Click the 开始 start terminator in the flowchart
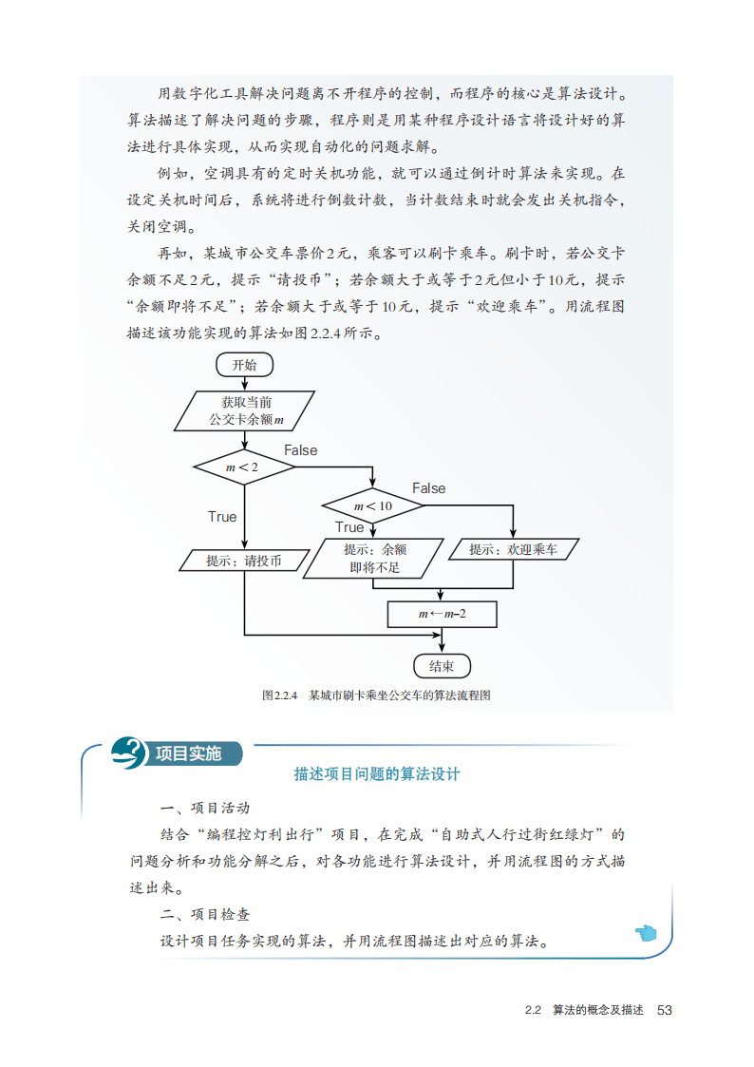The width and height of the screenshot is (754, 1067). pos(244,365)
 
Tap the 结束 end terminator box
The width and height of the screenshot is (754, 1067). pos(442,666)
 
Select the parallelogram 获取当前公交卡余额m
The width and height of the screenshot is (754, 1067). pos(246,410)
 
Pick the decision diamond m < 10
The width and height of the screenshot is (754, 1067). pos(373,505)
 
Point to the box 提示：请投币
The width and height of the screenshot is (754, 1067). pos(244,561)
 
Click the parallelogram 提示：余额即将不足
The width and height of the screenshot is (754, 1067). pos(374,560)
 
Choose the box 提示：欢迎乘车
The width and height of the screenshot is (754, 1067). pos(513,549)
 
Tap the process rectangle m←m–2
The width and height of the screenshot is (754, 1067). pos(442,615)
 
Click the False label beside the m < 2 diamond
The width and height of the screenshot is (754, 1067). pos(300,450)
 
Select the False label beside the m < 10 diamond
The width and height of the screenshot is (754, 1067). pos(428,488)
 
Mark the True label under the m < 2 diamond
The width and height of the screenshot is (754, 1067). pos(222,517)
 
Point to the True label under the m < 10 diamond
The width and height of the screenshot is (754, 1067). pos(349,527)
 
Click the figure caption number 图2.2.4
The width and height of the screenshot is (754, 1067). pos(280,695)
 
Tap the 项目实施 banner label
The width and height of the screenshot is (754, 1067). pos(187,753)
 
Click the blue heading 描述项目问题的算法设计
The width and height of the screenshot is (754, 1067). pos(377,774)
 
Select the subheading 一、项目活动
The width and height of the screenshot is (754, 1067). pos(205,809)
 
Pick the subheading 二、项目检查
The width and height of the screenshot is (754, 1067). pos(205,915)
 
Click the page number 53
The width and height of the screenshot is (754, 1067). pos(664,1010)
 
